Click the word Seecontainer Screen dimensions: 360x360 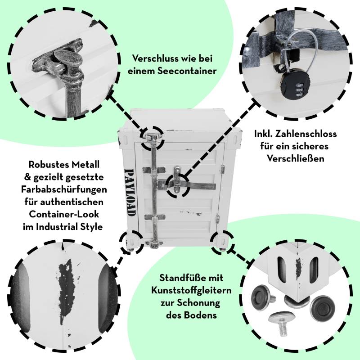pos(187,71)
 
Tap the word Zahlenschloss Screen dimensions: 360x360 pos(308,134)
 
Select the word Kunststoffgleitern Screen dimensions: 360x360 pos(191,290)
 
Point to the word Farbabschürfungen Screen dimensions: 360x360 pos(64,189)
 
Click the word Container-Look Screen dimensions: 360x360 pos(64,214)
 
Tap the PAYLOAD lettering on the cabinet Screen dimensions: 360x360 pos(129,193)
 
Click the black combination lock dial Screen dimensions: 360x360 pos(296,87)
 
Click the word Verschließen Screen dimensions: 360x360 pos(296,159)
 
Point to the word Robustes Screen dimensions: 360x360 pos(45,165)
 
